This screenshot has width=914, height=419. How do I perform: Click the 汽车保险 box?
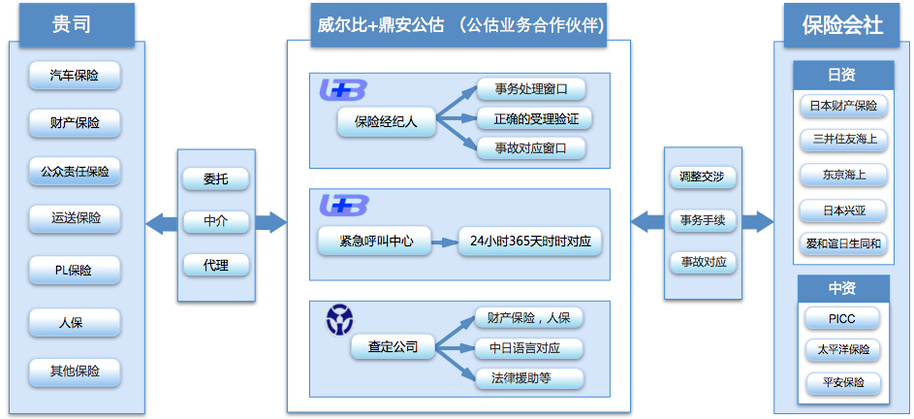(75, 76)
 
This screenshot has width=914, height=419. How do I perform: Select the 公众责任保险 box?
(75, 172)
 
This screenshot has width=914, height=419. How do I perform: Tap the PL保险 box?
(75, 271)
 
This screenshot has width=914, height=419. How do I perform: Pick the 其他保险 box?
(75, 371)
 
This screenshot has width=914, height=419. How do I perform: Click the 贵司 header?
(72, 24)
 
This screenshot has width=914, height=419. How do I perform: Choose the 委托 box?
(216, 179)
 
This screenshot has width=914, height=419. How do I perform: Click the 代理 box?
(216, 266)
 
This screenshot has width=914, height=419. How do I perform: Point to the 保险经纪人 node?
(387, 121)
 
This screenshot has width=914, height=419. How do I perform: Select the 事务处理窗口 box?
(531, 89)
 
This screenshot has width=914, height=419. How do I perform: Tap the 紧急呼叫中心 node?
(375, 241)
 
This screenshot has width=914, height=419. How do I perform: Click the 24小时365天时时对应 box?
(530, 241)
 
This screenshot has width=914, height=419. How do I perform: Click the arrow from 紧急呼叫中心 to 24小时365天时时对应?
(445, 241)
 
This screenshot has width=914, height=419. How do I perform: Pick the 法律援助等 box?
(528, 378)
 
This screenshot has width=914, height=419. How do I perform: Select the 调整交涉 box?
(702, 177)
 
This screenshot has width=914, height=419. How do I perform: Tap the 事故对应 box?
(702, 263)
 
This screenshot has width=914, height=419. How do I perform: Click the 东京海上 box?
(843, 176)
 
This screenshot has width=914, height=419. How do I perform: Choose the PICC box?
(842, 319)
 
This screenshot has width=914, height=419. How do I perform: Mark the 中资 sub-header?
(842, 288)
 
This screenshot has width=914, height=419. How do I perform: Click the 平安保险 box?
(843, 383)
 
